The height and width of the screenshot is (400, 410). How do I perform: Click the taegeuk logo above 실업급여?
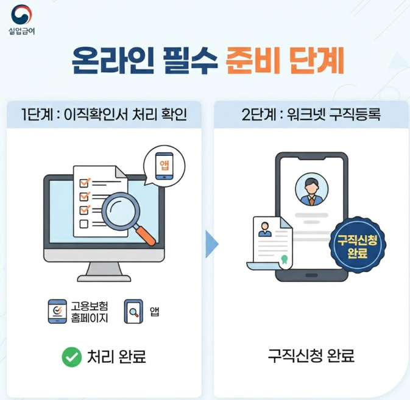pos(21,15)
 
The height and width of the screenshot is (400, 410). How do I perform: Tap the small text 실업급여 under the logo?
pos(21,31)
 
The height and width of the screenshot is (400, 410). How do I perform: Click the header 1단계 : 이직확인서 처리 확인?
pos(104,114)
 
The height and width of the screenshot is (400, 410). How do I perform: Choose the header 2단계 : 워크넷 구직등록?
pos(311,114)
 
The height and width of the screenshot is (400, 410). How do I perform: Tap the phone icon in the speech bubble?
pos(164,166)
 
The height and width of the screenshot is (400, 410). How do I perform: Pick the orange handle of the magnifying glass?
pos(146,236)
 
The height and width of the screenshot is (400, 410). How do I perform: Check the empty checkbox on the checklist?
pos(83,224)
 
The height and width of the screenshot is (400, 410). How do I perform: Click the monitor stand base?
pos(104,278)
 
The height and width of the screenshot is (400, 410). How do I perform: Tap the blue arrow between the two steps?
pos(211,244)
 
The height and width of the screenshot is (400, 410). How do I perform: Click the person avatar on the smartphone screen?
pos(311,189)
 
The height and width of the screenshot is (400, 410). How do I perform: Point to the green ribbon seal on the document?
pos(285,259)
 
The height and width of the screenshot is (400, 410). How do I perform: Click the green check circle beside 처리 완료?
pos(72,357)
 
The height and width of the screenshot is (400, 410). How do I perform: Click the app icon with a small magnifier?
pos(133,312)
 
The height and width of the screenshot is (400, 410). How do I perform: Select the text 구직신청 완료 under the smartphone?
pos(311,356)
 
